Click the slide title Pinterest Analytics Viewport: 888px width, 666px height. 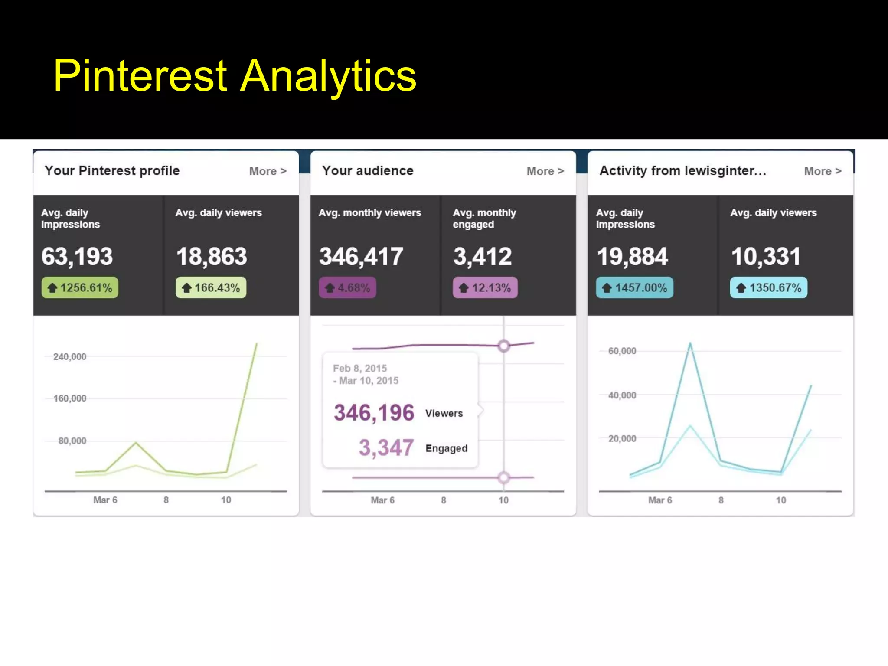[235, 76]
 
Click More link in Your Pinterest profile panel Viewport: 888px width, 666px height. [268, 171]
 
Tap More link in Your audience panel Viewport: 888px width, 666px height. [545, 171]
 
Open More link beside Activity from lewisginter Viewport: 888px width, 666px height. [823, 171]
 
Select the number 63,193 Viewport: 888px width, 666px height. [77, 256]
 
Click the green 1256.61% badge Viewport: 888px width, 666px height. [80, 287]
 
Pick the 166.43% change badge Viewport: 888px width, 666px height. [211, 287]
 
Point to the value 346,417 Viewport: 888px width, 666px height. [361, 256]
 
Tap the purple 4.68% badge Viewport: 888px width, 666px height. [347, 287]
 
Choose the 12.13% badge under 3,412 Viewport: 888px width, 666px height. [485, 287]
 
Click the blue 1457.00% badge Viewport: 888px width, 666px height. [635, 287]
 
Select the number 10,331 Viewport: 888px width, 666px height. [766, 256]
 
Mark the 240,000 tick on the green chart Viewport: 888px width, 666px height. [70, 357]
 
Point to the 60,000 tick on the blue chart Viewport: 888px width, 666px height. [622, 351]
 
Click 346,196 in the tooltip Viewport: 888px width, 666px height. [374, 412]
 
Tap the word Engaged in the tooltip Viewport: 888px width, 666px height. [446, 448]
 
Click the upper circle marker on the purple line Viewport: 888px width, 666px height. [503, 346]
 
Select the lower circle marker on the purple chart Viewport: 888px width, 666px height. [503, 478]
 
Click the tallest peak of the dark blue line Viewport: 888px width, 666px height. [690, 344]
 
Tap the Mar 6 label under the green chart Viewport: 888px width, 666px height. [105, 500]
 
